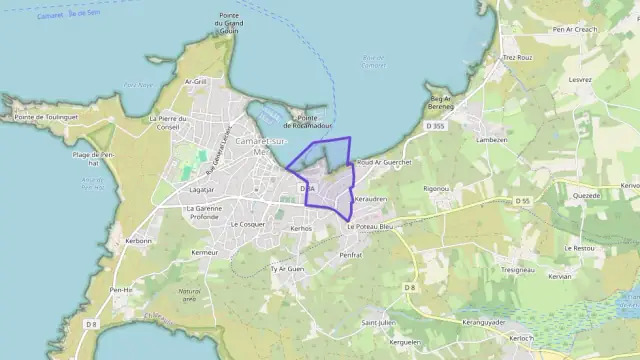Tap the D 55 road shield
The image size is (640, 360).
click(523, 201)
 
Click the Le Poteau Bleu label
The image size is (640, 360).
click(370, 227)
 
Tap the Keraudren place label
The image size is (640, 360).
click(370, 199)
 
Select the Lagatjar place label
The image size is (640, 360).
click(202, 188)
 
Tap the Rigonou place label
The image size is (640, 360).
click(436, 188)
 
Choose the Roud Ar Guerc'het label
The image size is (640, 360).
click(384, 162)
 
